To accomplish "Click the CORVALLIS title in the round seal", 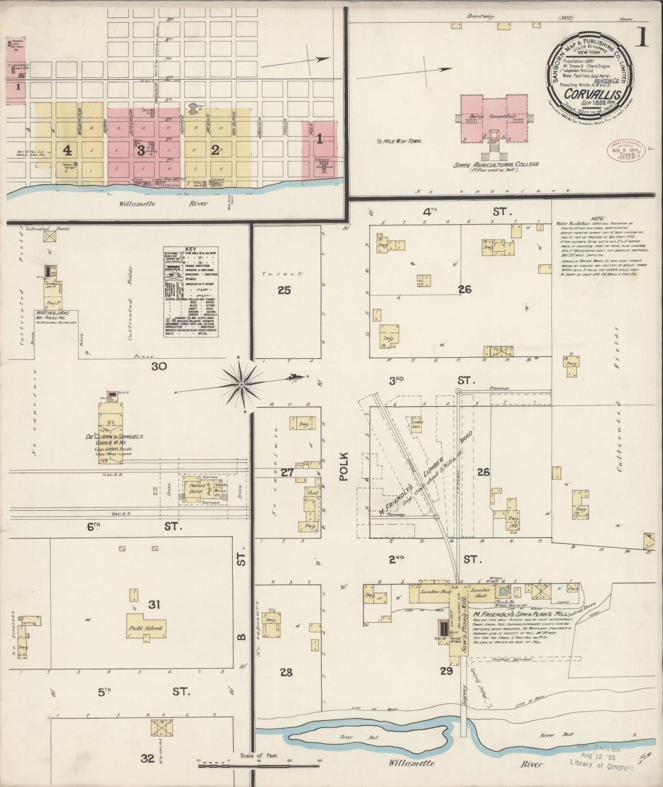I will (592, 94).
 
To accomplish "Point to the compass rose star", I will (241, 384).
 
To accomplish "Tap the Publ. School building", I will (145, 628).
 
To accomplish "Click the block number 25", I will (284, 290).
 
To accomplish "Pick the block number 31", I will (154, 605).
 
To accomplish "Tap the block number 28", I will (286, 673).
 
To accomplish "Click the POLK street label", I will (344, 467).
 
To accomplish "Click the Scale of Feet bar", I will (259, 766).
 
